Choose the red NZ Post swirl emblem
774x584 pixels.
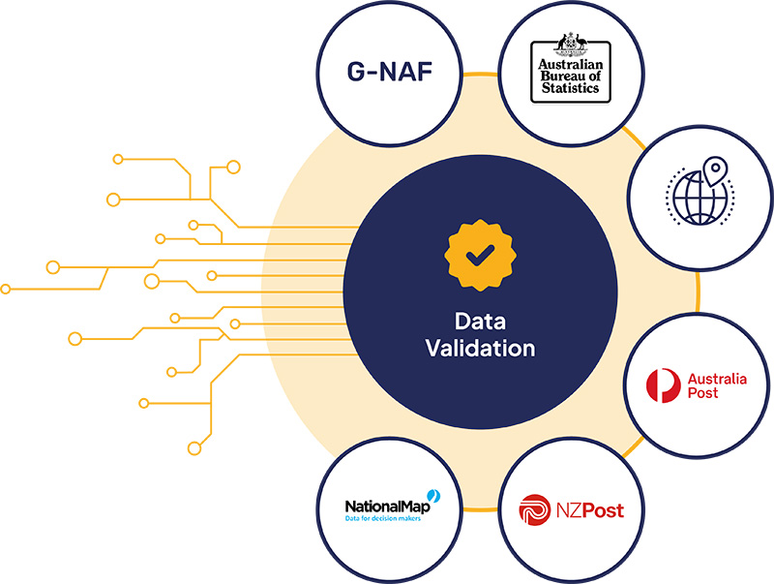535,508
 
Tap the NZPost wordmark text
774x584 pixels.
588,508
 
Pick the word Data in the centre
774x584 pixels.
480,322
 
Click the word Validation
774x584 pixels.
480,348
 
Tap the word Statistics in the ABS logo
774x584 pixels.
568,87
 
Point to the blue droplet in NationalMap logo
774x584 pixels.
434,495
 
